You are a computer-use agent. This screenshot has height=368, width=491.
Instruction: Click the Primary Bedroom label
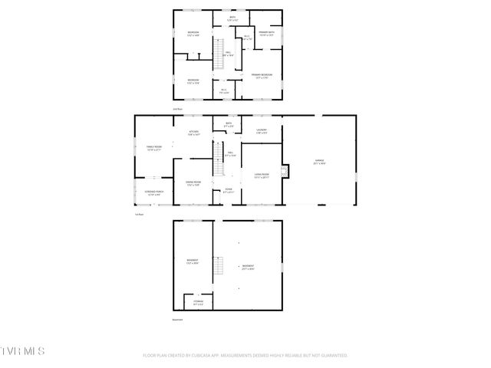(262, 75)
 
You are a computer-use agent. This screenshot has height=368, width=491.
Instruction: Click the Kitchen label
(194, 133)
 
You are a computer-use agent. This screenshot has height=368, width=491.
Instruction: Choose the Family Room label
(153, 148)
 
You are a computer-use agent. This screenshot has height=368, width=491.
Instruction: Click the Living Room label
(262, 175)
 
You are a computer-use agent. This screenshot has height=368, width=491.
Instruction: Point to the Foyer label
(228, 190)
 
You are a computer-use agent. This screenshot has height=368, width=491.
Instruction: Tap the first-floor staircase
(217, 157)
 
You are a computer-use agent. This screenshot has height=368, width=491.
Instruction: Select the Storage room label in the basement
(198, 303)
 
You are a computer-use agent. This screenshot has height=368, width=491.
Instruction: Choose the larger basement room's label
(247, 268)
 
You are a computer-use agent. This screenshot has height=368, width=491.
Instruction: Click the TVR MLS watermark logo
(23, 350)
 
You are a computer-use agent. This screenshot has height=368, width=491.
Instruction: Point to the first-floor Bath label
(228, 124)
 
